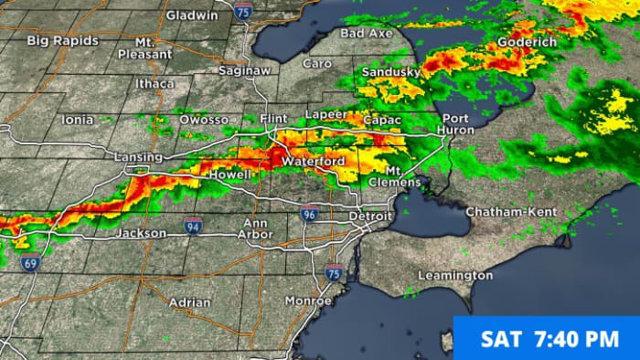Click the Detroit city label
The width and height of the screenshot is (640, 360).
tap(370, 217)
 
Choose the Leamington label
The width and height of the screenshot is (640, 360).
tap(455, 275)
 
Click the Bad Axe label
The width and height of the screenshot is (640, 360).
tap(366, 33)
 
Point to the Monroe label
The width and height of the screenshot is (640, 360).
tap(309, 300)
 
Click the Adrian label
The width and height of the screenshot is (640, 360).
tap(189, 302)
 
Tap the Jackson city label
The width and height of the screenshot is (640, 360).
tap(142, 233)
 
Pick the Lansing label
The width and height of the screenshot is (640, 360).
tap(139, 157)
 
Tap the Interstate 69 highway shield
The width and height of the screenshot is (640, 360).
tap(28, 262)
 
